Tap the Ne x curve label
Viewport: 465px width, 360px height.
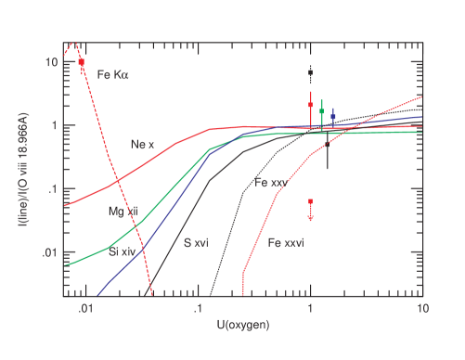pos(141,144)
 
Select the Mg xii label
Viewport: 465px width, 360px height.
pos(123,212)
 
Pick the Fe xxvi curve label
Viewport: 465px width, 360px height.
pos(286,243)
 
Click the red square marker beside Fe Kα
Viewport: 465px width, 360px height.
pos(82,61)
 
